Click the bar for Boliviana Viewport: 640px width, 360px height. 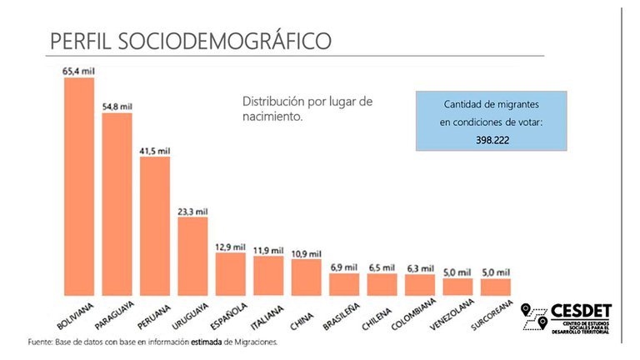(x=79, y=187)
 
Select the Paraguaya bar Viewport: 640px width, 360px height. (x=117, y=204)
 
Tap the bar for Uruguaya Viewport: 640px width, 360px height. (x=192, y=257)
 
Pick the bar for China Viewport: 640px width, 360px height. (x=306, y=277)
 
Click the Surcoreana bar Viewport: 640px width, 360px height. (x=496, y=287)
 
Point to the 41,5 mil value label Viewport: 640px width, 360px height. (x=155, y=151)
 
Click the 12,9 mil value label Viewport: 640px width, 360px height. (x=231, y=247)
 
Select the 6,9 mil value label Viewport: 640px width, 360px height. (x=344, y=267)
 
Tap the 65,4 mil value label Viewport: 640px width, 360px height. (x=78, y=71)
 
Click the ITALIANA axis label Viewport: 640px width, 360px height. (x=267, y=318)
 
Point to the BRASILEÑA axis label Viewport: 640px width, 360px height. (x=341, y=317)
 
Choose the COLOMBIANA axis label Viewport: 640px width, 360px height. (x=413, y=314)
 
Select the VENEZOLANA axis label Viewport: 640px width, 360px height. (x=452, y=314)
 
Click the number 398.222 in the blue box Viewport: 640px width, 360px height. (x=492, y=140)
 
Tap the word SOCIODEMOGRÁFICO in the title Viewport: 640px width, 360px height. (x=224, y=41)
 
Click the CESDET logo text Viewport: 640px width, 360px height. (x=581, y=311)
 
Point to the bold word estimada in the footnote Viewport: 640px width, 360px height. (x=207, y=342)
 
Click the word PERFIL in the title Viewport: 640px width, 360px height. (x=80, y=41)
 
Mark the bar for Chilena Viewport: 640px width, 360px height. (x=382, y=284)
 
